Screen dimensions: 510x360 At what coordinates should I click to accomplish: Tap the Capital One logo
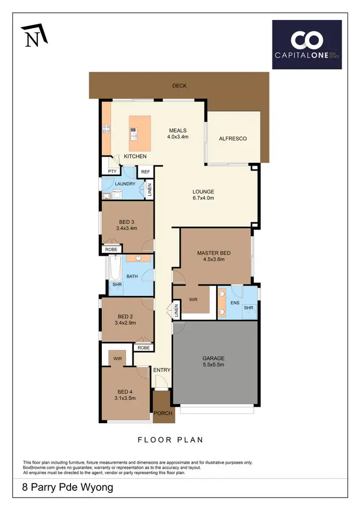point(307,44)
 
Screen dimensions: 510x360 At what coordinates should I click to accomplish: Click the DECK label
point(179,86)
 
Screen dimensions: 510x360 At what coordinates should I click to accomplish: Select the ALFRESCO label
point(233,138)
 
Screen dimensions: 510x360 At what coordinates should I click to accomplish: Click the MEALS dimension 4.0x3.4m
point(178,137)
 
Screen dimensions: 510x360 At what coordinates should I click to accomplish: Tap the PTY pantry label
point(112,171)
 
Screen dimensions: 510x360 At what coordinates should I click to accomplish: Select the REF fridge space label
point(145,171)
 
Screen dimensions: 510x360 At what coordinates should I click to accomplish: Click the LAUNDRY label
point(125,184)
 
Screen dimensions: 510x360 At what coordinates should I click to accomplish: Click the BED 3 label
point(127,222)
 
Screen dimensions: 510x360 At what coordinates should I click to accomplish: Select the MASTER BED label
point(214,253)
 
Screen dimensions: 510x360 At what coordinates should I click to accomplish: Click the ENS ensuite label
point(235,303)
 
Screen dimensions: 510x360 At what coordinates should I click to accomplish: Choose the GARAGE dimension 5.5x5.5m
point(213,364)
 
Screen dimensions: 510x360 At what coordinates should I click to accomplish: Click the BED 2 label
point(126,316)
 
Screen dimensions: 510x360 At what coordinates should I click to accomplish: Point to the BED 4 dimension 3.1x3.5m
point(125,398)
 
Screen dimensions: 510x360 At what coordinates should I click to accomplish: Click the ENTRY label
point(162,370)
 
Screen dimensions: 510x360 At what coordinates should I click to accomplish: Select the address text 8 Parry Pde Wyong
point(68,488)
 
